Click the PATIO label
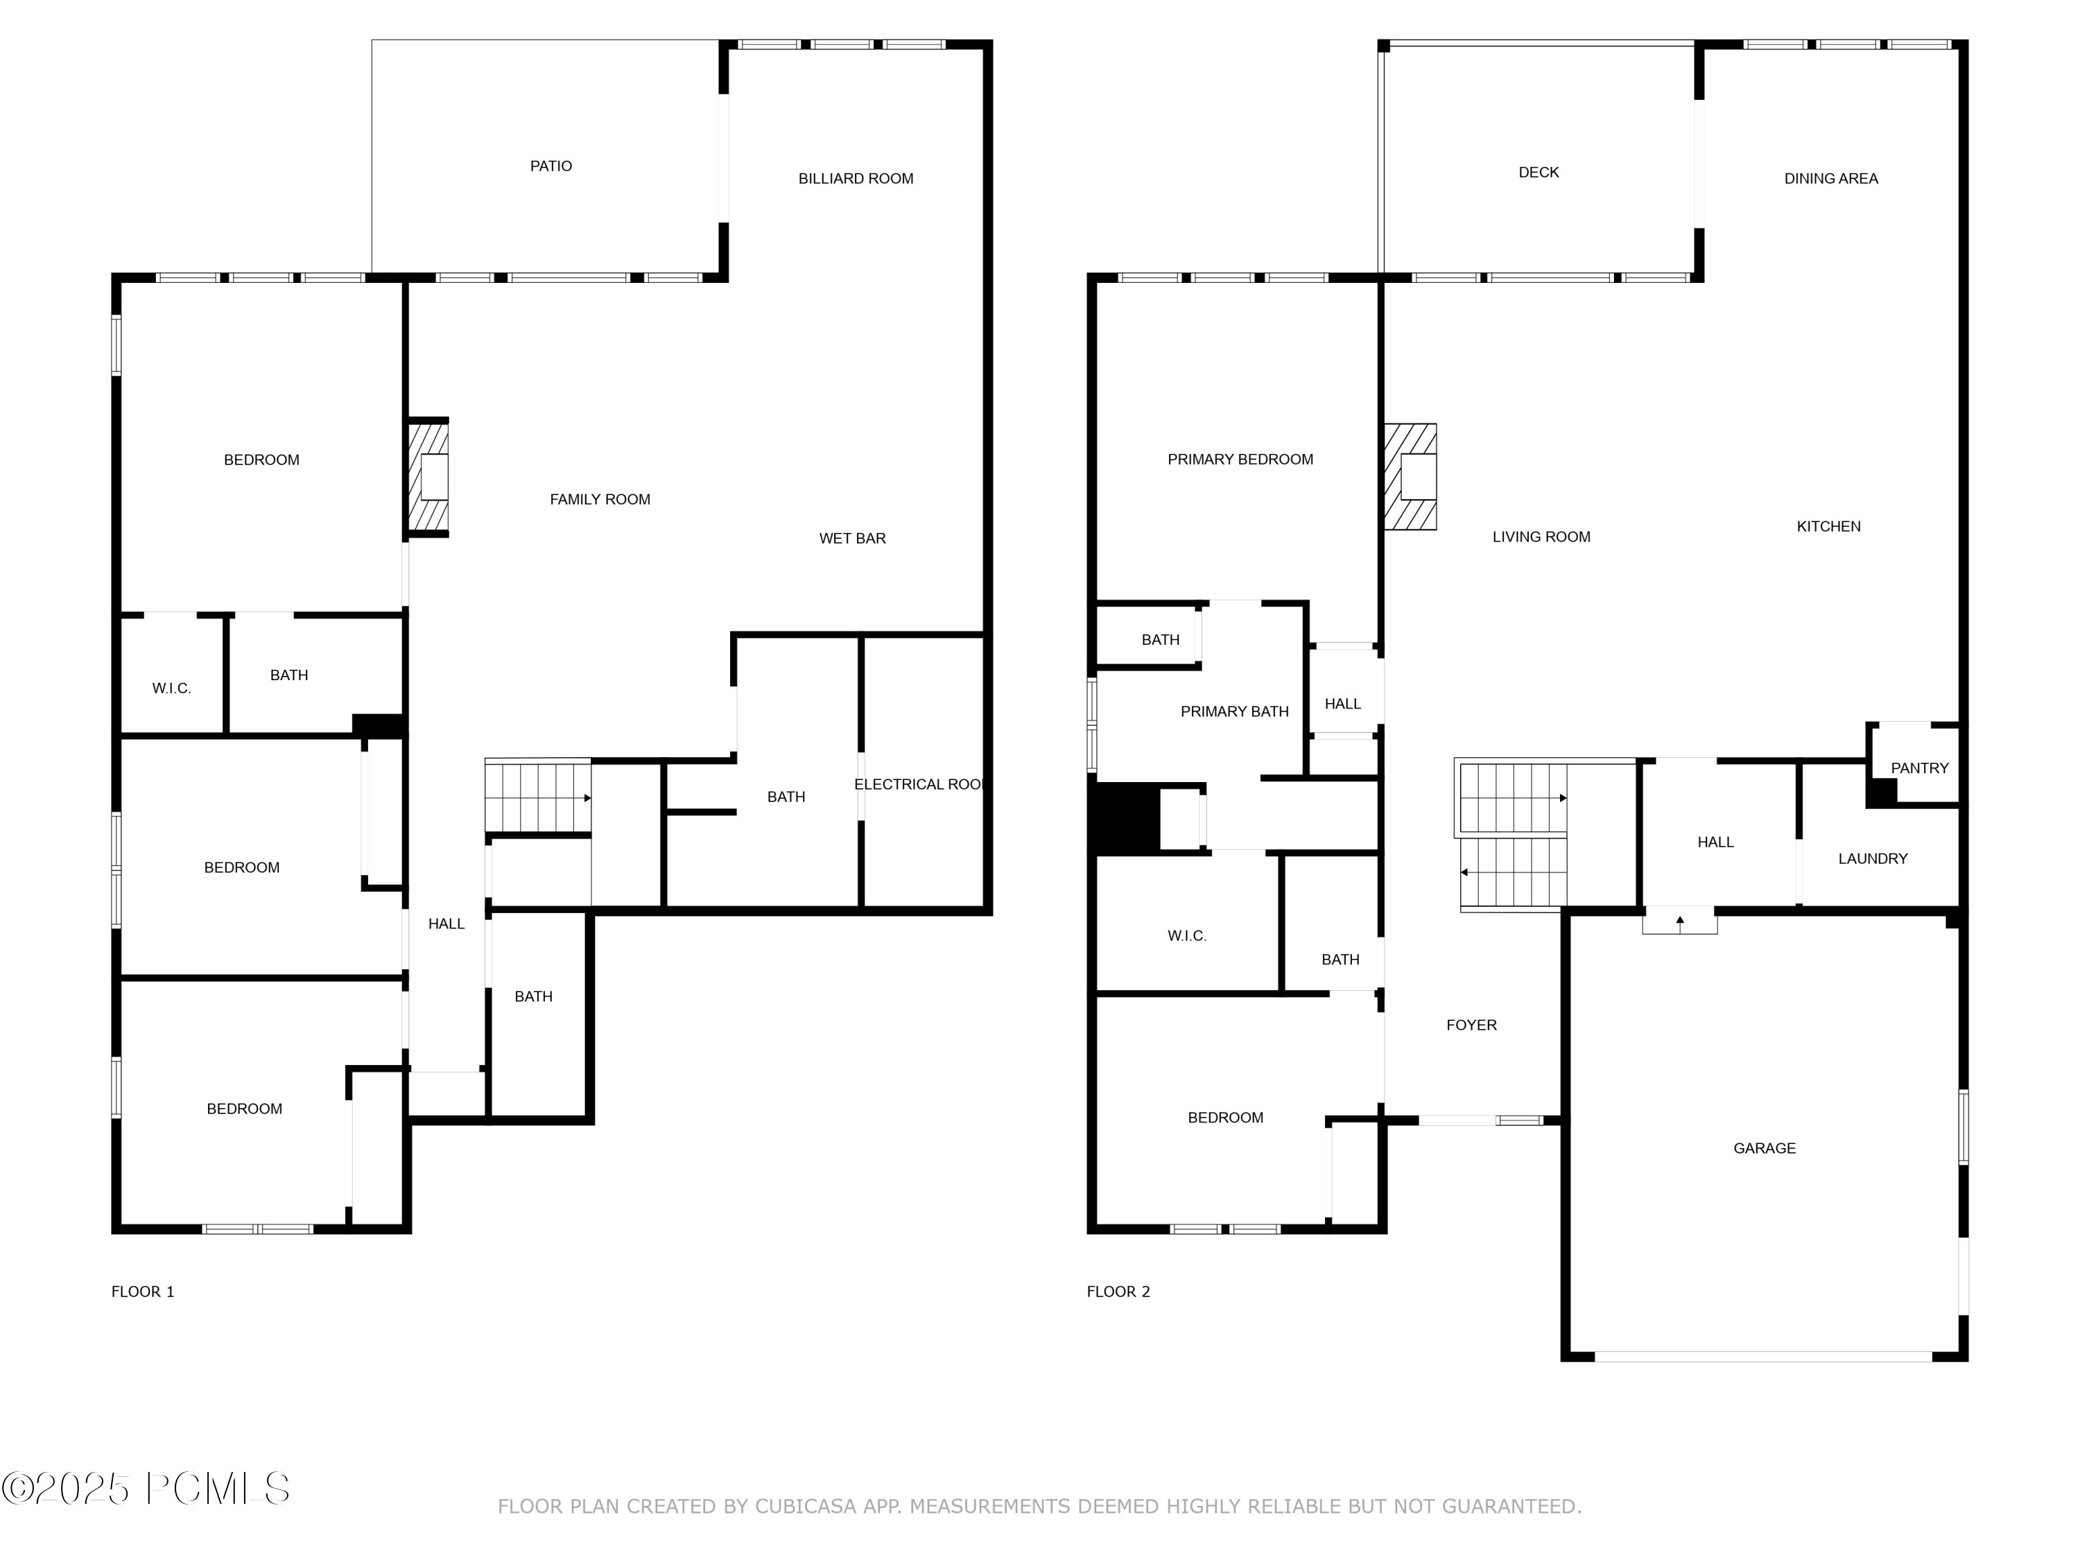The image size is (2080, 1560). click(551, 166)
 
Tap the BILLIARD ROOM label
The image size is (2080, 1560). click(856, 179)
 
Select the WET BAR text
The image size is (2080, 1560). click(852, 539)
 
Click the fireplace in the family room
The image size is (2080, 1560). click(428, 478)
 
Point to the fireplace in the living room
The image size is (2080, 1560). click(1410, 477)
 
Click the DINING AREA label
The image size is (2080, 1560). click(1831, 179)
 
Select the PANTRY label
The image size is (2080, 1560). click(1919, 768)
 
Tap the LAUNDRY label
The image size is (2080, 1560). click(1872, 858)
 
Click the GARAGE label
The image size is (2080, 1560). click(1764, 1148)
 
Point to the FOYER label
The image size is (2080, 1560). click(1471, 1025)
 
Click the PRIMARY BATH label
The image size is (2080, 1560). click(1233, 712)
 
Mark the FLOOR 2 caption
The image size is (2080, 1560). click(1118, 1292)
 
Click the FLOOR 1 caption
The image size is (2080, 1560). click(143, 1292)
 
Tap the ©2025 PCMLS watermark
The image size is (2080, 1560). click(146, 1489)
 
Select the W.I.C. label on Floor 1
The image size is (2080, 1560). click(171, 689)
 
